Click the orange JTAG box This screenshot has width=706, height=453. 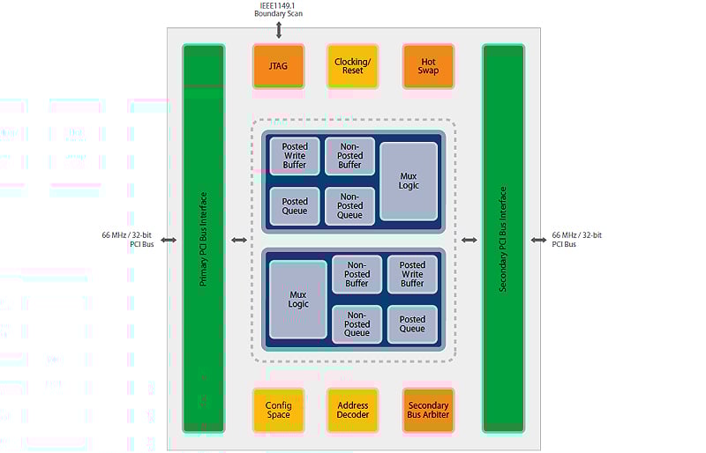pyautogui.click(x=278, y=66)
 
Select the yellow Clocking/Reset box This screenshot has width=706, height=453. pyautogui.click(x=352, y=66)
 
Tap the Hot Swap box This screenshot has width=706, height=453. pyautogui.click(x=428, y=66)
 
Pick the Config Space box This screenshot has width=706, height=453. pyautogui.click(x=278, y=411)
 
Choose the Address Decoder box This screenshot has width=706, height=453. pyautogui.click(x=352, y=411)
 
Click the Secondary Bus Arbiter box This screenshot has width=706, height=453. pyautogui.click(x=428, y=411)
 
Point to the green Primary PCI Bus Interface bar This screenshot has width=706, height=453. pyautogui.click(x=204, y=239)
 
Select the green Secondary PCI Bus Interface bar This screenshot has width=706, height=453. pyautogui.click(x=503, y=239)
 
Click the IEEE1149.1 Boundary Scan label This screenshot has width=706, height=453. pyautogui.click(x=278, y=10)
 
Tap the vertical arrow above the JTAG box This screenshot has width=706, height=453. pyautogui.click(x=279, y=30)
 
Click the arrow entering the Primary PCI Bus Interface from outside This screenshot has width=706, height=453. pyautogui.click(x=169, y=241)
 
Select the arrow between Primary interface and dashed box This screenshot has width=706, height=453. pyautogui.click(x=239, y=241)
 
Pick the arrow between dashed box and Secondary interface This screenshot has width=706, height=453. pyautogui.click(x=469, y=241)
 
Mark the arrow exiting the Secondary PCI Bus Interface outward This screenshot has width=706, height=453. pyautogui.click(x=538, y=241)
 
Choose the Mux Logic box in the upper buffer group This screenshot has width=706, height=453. pyautogui.click(x=409, y=182)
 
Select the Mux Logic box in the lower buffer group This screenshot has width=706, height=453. pyautogui.click(x=298, y=299)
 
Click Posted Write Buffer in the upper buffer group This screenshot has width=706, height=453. pyautogui.click(x=295, y=156)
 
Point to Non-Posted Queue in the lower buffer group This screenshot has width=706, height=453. pyautogui.click(x=357, y=324)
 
